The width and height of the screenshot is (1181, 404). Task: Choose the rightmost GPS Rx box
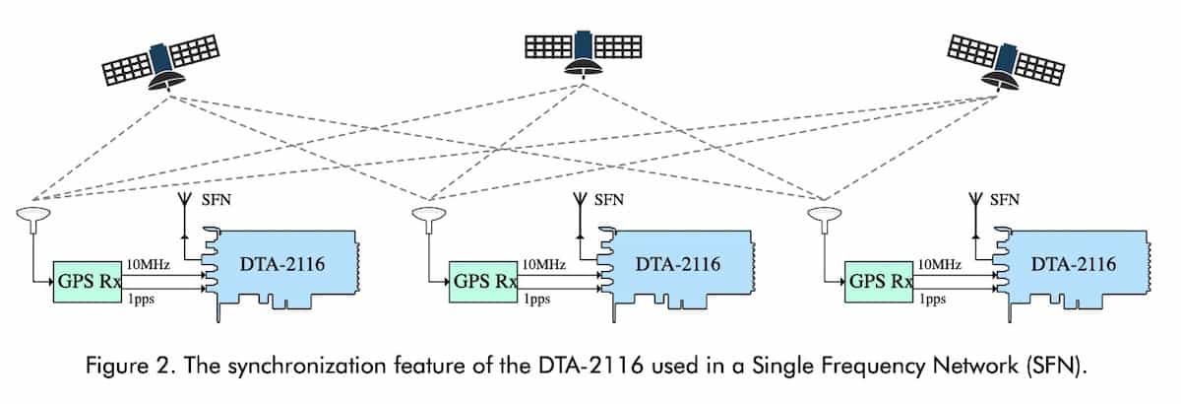coord(879,279)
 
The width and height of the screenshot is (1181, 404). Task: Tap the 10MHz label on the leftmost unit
coord(146,264)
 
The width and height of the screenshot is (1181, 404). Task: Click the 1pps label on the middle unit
coord(536,300)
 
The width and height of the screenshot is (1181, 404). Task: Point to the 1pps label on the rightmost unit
coord(932,300)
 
